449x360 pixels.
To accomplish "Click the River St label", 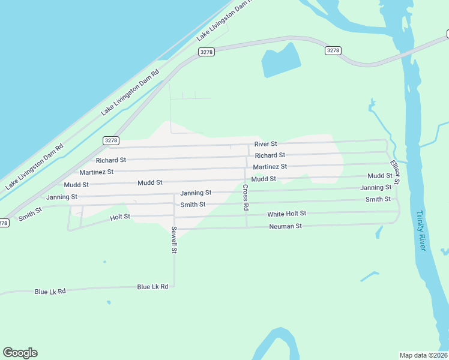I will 265,144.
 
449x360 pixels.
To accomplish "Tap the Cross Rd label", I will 246,197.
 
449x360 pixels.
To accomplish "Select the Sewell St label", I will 174,239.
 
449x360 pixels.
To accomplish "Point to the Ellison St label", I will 394,172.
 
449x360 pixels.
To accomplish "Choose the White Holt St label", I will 287,214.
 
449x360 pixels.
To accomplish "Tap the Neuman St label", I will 285,226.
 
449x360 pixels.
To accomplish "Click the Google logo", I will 20,353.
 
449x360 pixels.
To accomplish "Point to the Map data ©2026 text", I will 423,355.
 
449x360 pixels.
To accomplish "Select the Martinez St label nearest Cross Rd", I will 270,166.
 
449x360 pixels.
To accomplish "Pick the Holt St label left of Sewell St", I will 120,217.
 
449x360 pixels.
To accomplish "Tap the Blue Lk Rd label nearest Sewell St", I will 152,287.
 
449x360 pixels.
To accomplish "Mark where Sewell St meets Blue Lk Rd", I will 175,287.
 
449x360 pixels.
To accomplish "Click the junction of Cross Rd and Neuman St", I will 247,227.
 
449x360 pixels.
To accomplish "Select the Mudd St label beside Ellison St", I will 380,176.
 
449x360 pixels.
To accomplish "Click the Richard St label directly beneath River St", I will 270,155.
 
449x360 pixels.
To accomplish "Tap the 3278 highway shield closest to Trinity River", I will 334,50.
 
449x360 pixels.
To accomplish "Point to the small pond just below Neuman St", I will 379,232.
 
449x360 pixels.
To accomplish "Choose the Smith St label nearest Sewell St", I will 193,205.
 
